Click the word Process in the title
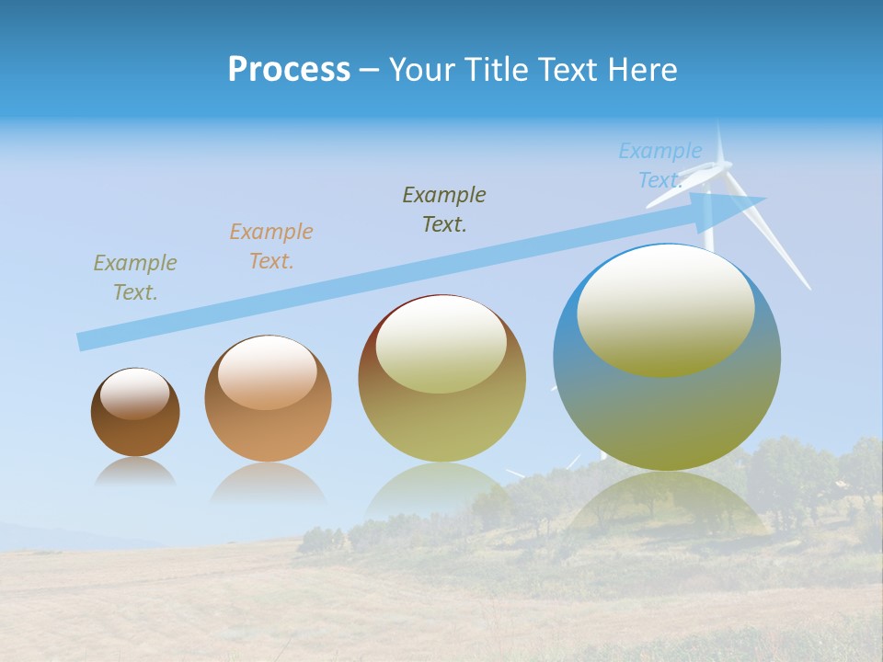coord(289,69)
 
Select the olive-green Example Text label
coord(135,278)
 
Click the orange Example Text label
coord(271,246)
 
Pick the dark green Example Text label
coord(444,210)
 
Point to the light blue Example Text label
coord(659,165)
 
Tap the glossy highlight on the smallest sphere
coord(135,394)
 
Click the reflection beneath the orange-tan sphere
coord(268,482)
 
